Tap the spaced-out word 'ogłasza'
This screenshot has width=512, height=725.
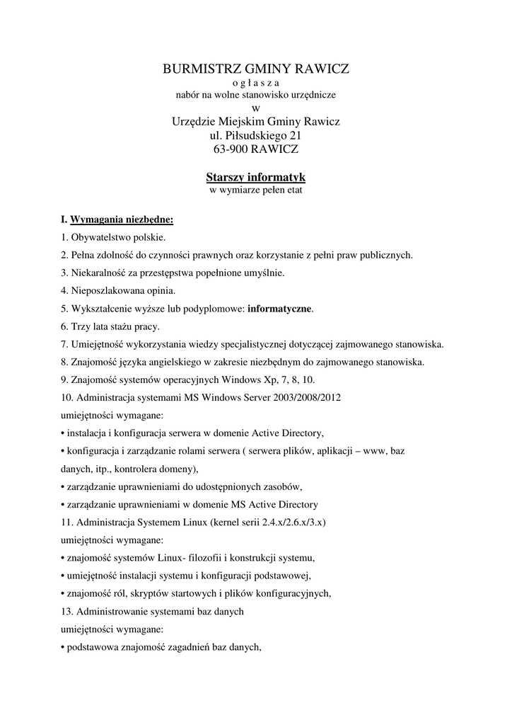click(x=256, y=82)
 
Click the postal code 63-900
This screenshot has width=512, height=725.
click(x=231, y=149)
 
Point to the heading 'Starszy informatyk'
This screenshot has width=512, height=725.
click(x=256, y=178)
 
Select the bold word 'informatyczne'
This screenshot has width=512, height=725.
click(x=279, y=309)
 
